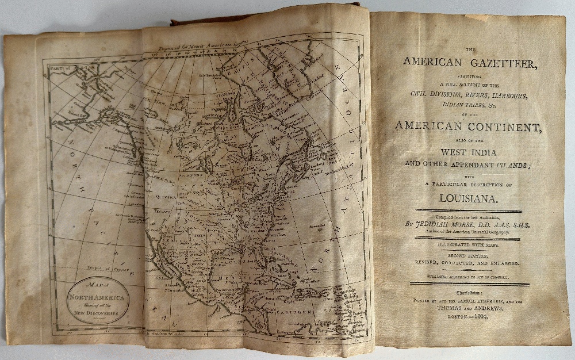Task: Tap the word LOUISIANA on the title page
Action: pos(469,200)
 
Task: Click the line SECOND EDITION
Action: pos(468,255)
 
